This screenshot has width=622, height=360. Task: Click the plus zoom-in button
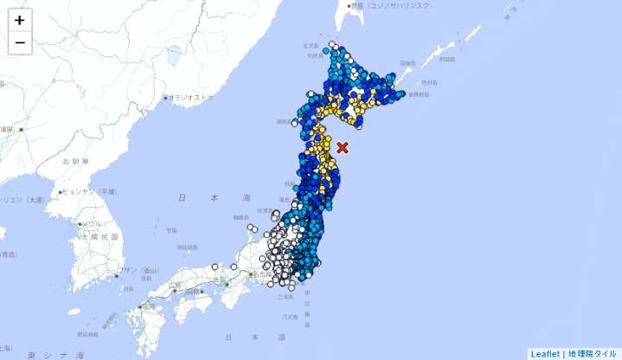click(19, 19)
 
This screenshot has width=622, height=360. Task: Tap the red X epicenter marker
click(343, 148)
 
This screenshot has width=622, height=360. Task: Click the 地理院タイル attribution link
click(593, 353)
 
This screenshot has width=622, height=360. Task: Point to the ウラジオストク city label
click(190, 98)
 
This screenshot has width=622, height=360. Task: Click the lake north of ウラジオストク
click(173, 56)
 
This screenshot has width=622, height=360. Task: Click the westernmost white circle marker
click(215, 267)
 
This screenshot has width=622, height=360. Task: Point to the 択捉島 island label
click(446, 59)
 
